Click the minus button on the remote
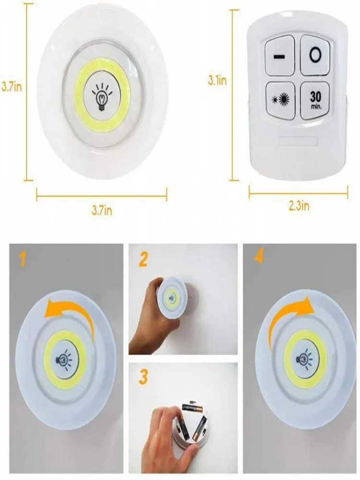[279, 55]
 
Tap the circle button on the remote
[315, 55]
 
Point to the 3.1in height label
[217, 80]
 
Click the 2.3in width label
[299, 205]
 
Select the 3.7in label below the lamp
[102, 210]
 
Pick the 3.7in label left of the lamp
[12, 86]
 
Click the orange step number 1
[22, 259]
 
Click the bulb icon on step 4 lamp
[304, 358]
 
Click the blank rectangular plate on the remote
[297, 142]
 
